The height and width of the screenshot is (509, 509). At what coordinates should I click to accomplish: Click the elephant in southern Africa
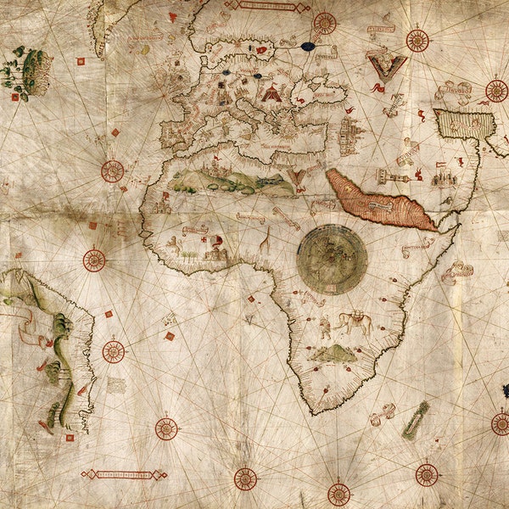(355, 322)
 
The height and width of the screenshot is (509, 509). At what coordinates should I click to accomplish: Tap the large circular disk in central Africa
(332, 260)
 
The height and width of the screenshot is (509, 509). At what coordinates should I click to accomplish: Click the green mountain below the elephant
(333, 354)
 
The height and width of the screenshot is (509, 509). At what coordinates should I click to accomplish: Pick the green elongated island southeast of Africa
(416, 420)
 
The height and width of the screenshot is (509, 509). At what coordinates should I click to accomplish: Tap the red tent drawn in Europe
(271, 93)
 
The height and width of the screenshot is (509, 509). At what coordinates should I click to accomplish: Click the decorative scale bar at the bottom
(124, 474)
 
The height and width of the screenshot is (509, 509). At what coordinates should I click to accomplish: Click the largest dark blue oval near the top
(308, 46)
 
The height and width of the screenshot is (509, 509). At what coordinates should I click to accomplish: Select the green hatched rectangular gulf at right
(464, 124)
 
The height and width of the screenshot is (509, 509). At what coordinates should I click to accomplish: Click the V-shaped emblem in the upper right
(386, 65)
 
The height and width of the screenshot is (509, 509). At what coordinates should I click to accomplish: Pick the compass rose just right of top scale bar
(325, 23)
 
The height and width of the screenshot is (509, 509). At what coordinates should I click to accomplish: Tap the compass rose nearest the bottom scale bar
(166, 428)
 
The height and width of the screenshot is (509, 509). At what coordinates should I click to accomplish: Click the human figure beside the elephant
(325, 327)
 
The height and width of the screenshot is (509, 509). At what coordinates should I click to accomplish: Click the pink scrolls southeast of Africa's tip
(382, 414)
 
